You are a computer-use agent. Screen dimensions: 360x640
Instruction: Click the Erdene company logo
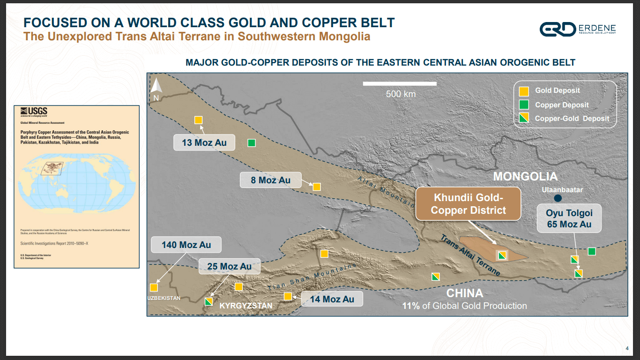pos(557,29)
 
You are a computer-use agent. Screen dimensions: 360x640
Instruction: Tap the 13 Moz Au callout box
pos(204,142)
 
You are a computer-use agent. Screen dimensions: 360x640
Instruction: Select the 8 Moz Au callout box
pos(270,180)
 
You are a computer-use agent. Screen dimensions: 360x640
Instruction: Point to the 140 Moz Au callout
pos(186,245)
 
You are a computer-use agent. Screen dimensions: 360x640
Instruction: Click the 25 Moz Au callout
pos(229,266)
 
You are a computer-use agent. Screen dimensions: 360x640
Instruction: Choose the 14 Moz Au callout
pos(332,299)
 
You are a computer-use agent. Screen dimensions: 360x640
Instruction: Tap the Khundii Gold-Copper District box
pos(468,204)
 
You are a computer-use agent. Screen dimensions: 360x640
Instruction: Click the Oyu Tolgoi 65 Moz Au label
pos(569,219)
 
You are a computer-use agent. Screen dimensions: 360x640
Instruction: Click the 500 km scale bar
pos(400,83)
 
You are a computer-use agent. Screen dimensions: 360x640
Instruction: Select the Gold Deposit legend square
pos(525,91)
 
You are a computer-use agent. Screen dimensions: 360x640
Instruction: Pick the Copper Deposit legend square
pos(525,105)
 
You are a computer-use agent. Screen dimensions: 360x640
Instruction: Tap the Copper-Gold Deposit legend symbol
pos(525,118)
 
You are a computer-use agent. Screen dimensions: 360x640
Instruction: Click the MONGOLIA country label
pos(525,177)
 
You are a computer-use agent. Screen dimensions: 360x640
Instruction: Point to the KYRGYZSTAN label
pos(246,306)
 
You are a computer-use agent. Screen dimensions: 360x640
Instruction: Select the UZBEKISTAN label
pos(164,298)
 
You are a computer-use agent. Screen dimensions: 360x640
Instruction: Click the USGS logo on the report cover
pos(34,111)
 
